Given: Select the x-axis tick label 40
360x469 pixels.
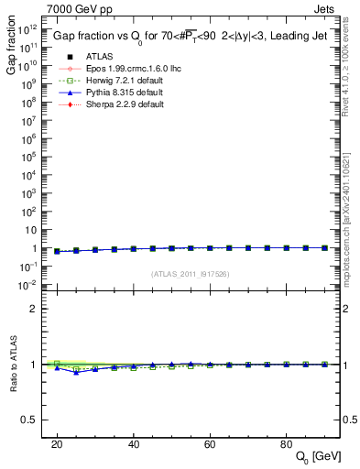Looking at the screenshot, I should (x=133, y=443).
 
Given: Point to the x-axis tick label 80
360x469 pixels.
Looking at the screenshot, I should (x=286, y=443).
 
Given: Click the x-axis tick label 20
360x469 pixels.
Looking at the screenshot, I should (x=57, y=443).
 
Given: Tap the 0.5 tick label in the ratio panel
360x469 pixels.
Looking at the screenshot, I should (x=36, y=420).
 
